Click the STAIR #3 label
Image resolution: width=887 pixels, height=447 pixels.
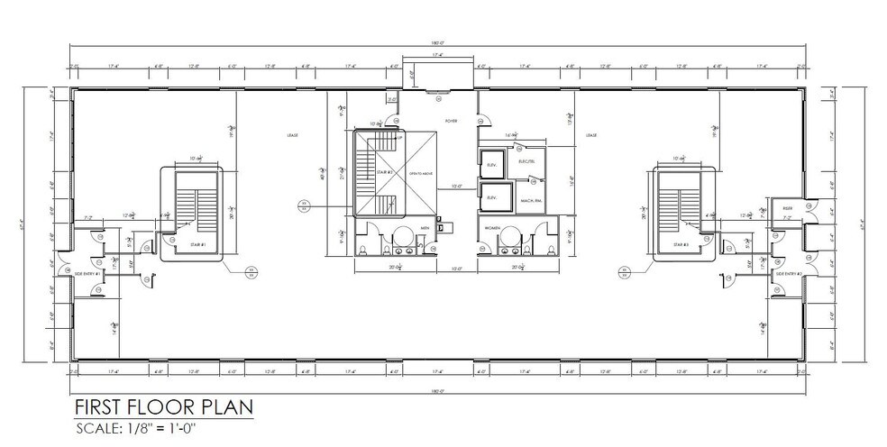tap(681, 243)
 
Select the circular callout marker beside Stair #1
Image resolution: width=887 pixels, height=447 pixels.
tap(251, 269)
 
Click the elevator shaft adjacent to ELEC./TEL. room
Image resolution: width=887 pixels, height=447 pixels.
tap(492, 167)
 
